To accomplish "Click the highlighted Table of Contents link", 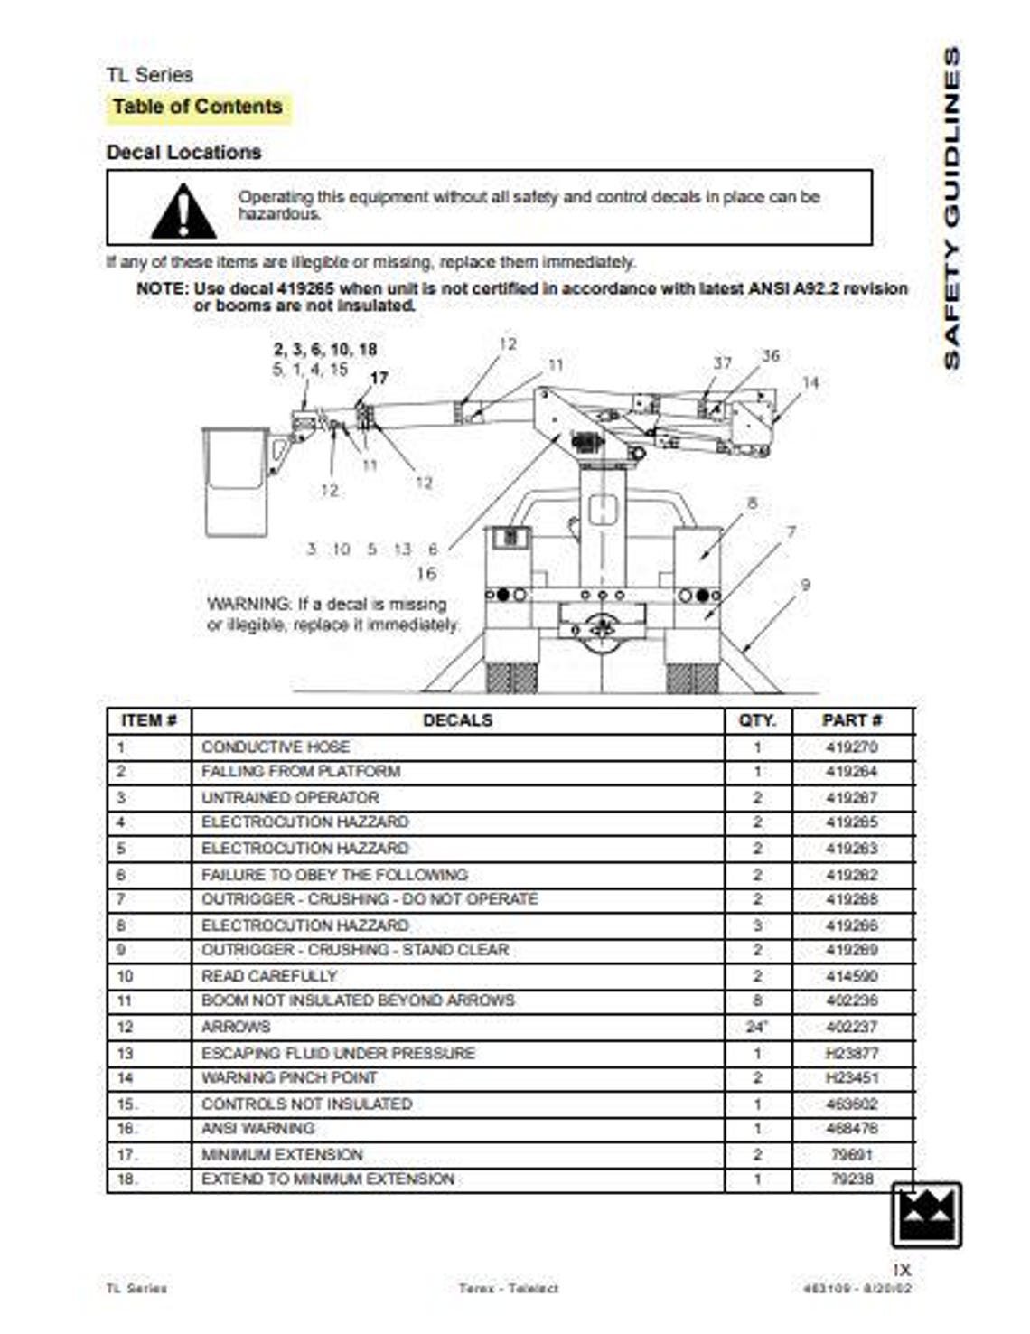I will (x=197, y=107).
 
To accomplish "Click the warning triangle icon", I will (x=183, y=211).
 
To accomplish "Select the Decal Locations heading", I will (x=183, y=152).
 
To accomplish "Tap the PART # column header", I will (x=851, y=720).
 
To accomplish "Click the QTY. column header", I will (x=757, y=720).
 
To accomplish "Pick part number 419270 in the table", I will (x=851, y=747).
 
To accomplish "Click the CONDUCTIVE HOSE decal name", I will (x=276, y=747).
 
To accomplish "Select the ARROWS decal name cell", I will (x=236, y=1027).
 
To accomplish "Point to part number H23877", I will (x=851, y=1053).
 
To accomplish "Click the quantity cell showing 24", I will (x=757, y=1027).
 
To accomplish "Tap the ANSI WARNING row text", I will (x=258, y=1129).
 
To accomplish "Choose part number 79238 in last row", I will (x=851, y=1179).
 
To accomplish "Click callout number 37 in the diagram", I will (x=722, y=362).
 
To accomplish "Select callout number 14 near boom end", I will (x=810, y=382).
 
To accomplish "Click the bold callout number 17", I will (x=379, y=378).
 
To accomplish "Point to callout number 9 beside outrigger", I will (x=805, y=586).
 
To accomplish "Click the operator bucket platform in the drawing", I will (x=235, y=482).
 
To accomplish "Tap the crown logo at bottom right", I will (x=926, y=1215).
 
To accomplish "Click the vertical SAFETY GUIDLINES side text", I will (x=951, y=208).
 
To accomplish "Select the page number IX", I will (x=901, y=1269).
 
